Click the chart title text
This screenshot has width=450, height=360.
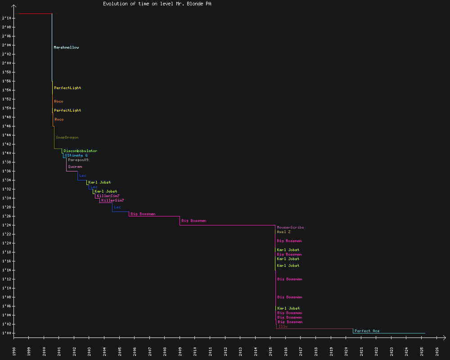pyautogui.click(x=157, y=4)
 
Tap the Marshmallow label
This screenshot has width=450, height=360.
pyautogui.click(x=66, y=47)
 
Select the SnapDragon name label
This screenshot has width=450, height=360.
pyautogui.click(x=67, y=137)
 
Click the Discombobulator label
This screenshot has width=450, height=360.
pyautogui.click(x=80, y=151)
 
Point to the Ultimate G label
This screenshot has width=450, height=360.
pyautogui.click(x=76, y=155)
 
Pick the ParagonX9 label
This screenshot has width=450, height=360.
pyautogui.click(x=78, y=160)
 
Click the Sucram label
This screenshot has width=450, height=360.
pyautogui.click(x=75, y=166)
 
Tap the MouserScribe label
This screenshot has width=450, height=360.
pyautogui.click(x=290, y=227)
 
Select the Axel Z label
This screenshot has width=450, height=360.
pyautogui.click(x=283, y=232)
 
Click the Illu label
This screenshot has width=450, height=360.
pyautogui.click(x=283, y=326)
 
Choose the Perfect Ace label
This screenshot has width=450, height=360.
pyautogui.click(x=367, y=331)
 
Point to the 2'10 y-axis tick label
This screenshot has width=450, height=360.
pyautogui.click(x=6, y=18)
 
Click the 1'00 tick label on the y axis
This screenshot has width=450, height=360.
pyautogui.click(x=6, y=333)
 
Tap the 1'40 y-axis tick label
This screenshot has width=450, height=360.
pyautogui.click(x=6, y=153)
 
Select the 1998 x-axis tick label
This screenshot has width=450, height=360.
pyautogui.click(x=14, y=351)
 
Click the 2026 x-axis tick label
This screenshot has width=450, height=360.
pyautogui.click(x=437, y=351)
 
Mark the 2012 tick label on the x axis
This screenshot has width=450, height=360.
pyautogui.click(x=225, y=351)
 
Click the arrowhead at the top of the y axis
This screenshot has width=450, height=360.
pyautogui.click(x=14, y=6)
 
